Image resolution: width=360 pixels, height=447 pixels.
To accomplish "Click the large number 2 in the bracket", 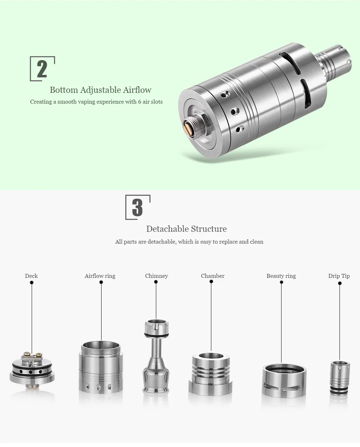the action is coord(42,69).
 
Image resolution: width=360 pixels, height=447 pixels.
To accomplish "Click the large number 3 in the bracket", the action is coord(138,207).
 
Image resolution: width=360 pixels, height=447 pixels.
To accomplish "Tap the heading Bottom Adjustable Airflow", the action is coord(100,90).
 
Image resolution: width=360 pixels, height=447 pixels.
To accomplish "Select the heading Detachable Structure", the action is coord(186,229).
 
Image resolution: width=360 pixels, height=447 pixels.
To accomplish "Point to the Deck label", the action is coord(31,276).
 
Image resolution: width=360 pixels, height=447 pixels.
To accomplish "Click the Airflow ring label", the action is coord(100,276).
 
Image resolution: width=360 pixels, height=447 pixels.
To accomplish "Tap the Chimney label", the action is coord(157,276).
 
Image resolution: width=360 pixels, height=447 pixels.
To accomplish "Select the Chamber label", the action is coord(213,276).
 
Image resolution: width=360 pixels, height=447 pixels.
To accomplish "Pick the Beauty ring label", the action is coord(281,276).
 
